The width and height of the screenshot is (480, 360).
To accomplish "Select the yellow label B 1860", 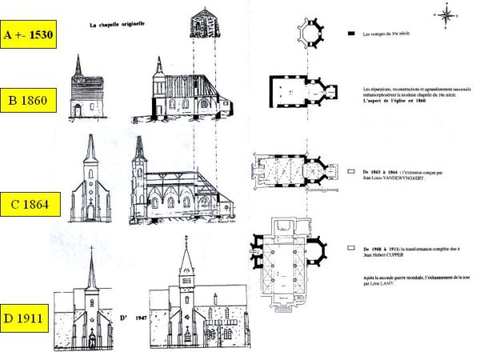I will click(x=28, y=102).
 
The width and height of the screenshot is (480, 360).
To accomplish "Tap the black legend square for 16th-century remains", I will click(x=352, y=34).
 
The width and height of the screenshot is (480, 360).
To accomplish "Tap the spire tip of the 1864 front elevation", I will click(x=90, y=136).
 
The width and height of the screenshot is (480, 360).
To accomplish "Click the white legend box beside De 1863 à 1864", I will click(x=352, y=171).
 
